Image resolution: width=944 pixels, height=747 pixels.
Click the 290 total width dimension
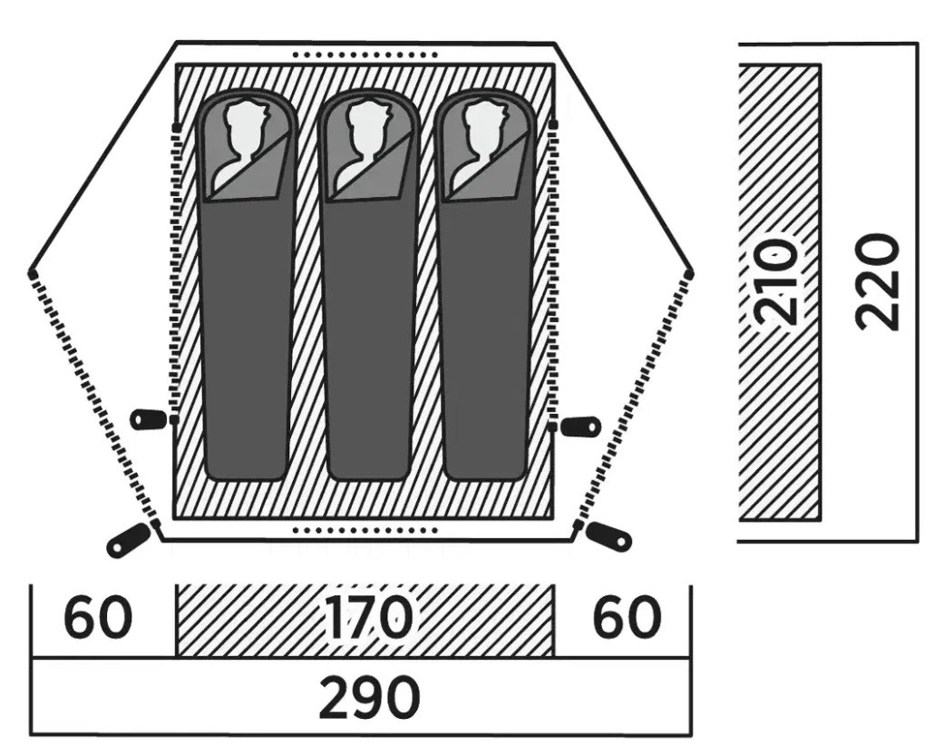point(368,698)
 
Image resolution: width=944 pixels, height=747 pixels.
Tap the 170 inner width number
point(368,617)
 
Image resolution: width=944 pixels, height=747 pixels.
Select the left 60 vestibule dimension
point(98,617)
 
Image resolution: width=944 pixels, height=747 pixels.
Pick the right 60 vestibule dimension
point(628,617)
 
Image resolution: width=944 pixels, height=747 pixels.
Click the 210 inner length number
point(778,282)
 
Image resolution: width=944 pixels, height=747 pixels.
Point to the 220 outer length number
point(878,282)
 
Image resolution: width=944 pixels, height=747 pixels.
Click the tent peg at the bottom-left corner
point(127,540)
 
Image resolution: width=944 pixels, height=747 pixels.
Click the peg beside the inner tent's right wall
point(581,426)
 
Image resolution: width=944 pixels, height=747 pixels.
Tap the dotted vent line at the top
point(365,54)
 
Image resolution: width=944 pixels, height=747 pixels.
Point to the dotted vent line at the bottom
point(365,531)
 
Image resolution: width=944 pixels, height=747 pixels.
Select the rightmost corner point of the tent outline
point(690,275)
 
